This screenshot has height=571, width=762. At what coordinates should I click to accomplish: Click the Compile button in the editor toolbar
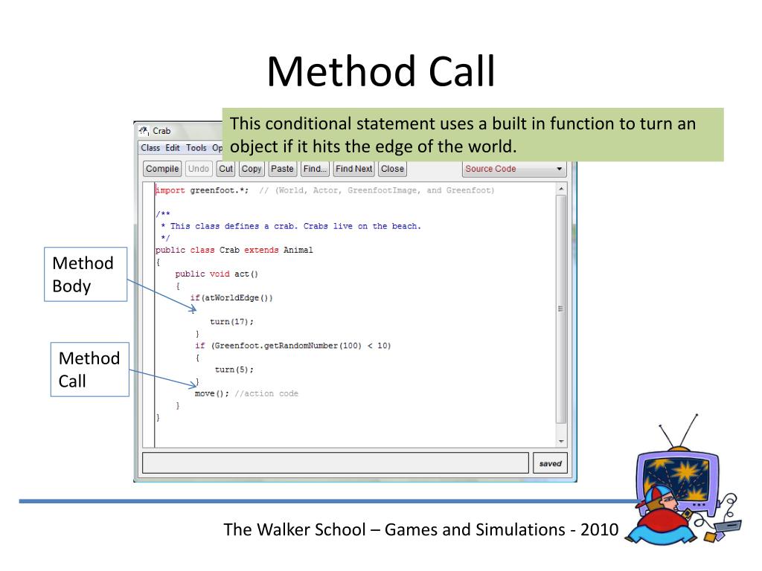[x=162, y=169]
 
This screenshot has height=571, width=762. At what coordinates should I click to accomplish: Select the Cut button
[x=225, y=169]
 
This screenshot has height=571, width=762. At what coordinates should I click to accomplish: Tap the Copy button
[x=252, y=169]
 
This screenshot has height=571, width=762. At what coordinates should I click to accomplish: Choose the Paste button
[x=282, y=169]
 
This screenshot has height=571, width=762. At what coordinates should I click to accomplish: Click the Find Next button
[x=353, y=169]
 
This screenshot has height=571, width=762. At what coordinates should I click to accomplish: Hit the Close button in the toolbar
[x=392, y=169]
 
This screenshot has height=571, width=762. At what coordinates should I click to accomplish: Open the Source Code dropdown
[x=513, y=169]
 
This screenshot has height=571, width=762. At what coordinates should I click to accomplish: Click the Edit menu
[x=173, y=148]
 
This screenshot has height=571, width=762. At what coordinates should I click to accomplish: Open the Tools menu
[x=196, y=148]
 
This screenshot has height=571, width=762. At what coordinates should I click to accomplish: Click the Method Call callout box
[x=89, y=370]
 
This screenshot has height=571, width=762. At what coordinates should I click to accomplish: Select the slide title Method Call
[x=380, y=72]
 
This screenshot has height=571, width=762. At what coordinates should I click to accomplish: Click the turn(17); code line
[x=231, y=322]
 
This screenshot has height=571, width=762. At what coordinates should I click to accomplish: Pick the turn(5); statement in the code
[x=234, y=370]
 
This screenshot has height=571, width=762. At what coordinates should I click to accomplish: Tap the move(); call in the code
[x=211, y=393]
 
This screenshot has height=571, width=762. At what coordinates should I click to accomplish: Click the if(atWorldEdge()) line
[x=231, y=298]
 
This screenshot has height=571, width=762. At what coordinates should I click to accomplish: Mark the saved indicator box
[x=550, y=463]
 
